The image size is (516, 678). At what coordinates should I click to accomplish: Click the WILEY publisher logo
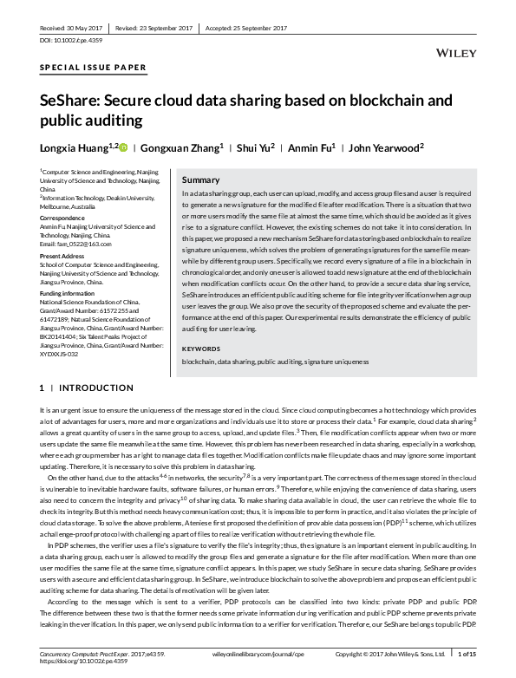pyautogui.click(x=454, y=54)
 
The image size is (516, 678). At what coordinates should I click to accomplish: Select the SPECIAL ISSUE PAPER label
pyautogui.click(x=94, y=68)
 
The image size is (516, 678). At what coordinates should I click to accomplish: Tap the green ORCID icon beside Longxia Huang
pyautogui.click(x=123, y=147)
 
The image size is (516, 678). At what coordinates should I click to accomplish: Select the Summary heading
pyautogui.click(x=200, y=179)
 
